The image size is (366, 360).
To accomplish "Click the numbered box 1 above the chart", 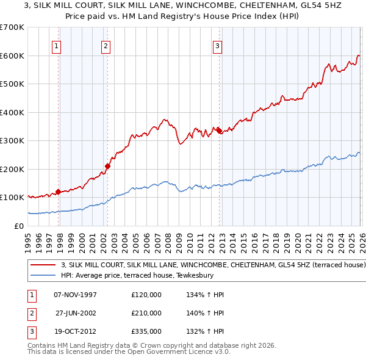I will point(56,45).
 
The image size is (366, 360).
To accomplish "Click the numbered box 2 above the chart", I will point(106,45).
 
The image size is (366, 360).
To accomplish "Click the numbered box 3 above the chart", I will point(218,45).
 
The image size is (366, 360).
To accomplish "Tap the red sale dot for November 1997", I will point(59,192).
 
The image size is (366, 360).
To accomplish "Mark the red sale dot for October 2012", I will point(219,131).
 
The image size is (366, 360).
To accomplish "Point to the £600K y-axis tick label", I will point(12,56).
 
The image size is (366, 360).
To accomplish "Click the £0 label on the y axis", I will point(18,226).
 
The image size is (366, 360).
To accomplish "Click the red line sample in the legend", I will point(43,265).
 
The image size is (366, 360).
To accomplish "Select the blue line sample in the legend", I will point(43,276).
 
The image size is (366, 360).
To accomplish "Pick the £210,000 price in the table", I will point(146,313).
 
